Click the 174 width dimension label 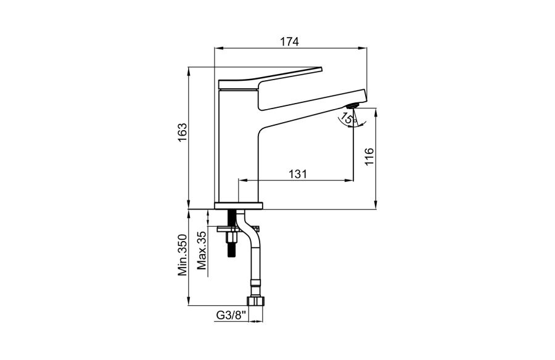click(x=290, y=41)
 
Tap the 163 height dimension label click(x=182, y=133)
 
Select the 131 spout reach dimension click(x=297, y=174)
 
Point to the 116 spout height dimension click(x=369, y=157)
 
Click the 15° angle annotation click(x=348, y=118)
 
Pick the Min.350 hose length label click(x=182, y=255)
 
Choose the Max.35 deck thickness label click(x=202, y=250)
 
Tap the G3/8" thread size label click(x=231, y=315)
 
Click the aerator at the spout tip click(x=353, y=105)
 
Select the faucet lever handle click(x=271, y=77)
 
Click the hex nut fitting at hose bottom click(x=255, y=301)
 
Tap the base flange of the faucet click(x=239, y=206)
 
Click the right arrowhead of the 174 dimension click(x=363, y=48)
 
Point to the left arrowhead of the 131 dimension click(x=243, y=181)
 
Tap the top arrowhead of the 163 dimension click(x=189, y=71)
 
